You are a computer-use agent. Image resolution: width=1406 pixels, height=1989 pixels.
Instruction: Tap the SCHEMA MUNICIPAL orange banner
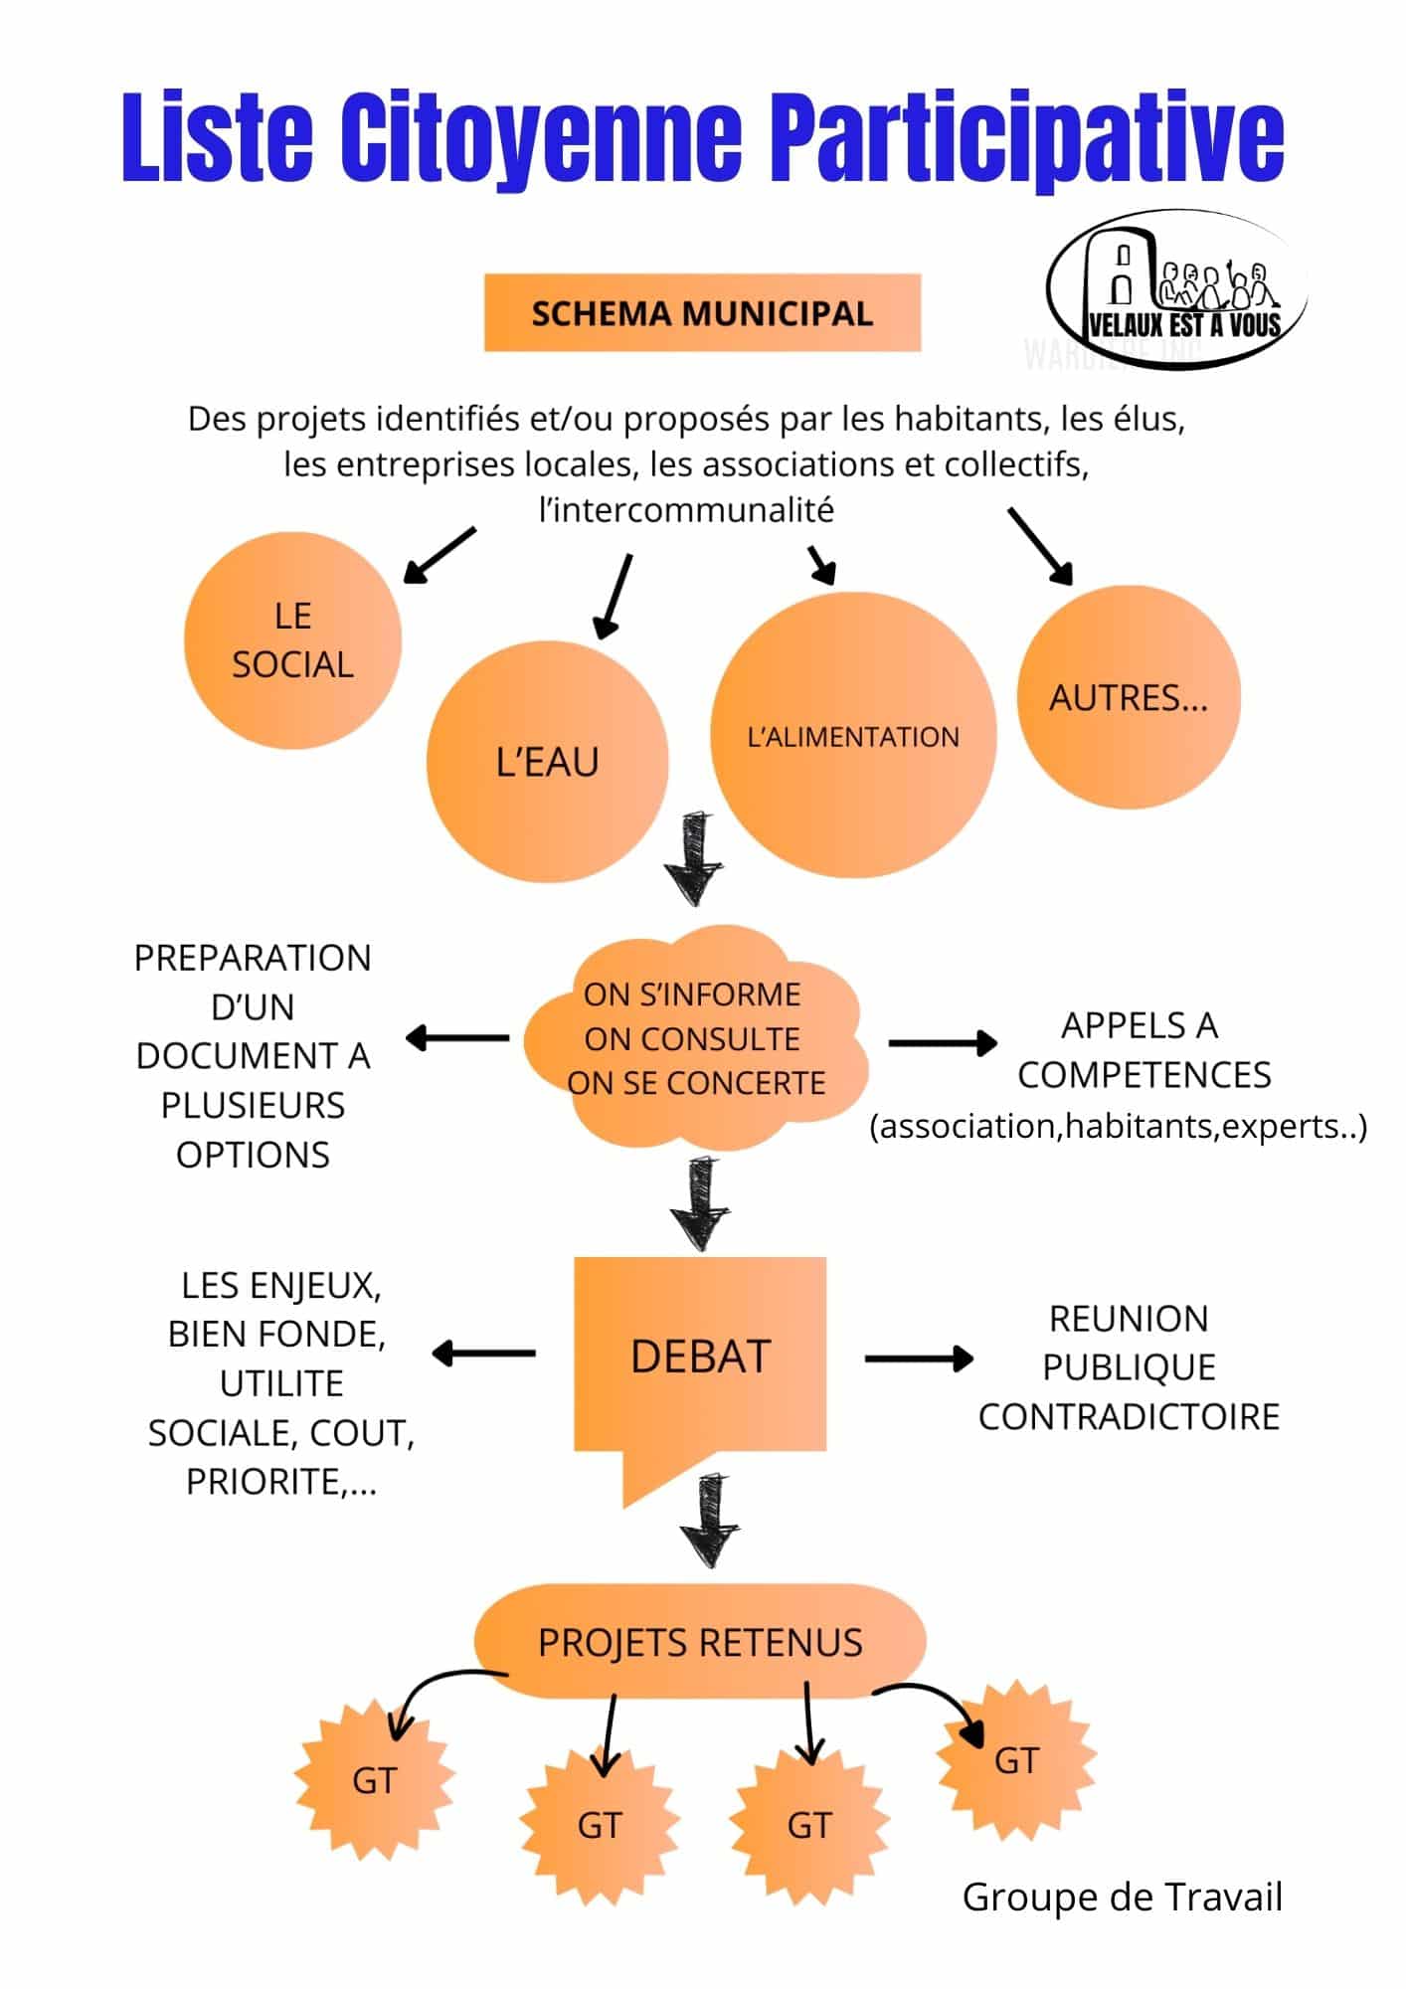(702, 313)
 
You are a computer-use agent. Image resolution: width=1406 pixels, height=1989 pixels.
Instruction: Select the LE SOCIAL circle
(292, 640)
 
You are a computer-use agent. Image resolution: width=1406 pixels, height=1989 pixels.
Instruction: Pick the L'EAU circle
(547, 762)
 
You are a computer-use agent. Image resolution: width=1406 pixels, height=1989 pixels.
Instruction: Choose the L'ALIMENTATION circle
(853, 736)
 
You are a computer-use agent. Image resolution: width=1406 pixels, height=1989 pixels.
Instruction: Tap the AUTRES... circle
(1129, 697)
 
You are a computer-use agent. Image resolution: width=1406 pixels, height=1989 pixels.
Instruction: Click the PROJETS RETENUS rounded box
(700, 1643)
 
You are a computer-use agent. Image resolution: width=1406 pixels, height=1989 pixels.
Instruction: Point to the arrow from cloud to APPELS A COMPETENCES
(942, 1042)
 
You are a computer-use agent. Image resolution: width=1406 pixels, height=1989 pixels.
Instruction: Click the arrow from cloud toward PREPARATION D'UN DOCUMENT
(457, 1038)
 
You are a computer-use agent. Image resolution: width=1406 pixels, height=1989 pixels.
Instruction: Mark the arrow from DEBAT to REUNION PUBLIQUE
(919, 1358)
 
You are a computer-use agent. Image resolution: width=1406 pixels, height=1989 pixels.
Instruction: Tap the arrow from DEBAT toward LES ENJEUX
(483, 1354)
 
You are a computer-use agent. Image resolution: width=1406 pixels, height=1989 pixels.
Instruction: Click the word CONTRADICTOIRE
(1129, 1416)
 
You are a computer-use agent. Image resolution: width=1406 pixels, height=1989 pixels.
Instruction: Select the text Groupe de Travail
(1122, 1897)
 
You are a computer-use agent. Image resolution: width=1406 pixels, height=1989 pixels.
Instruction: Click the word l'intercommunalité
(686, 510)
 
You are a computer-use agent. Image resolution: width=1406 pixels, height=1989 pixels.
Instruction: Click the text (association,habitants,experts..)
(1118, 1127)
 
